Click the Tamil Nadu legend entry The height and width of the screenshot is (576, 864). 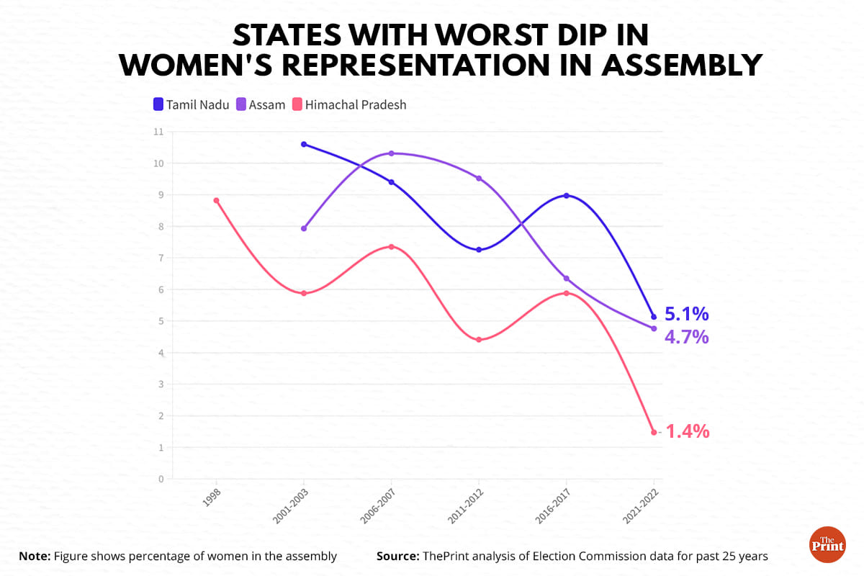(191, 104)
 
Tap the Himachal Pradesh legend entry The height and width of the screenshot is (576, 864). (348, 104)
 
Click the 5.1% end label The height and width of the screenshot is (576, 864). (686, 314)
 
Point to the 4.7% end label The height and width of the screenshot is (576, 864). (686, 336)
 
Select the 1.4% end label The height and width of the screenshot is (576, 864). (688, 431)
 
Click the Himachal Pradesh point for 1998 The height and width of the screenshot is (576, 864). (216, 200)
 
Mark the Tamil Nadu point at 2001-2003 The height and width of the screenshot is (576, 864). (304, 144)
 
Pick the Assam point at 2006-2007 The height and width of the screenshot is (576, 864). (391, 153)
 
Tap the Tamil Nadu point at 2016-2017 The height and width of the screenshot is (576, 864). (566, 195)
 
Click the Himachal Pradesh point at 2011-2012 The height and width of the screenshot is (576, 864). (479, 340)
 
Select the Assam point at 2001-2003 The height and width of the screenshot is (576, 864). (304, 228)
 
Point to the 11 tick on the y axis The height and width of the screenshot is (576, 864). (158, 132)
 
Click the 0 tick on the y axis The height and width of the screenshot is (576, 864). (161, 479)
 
